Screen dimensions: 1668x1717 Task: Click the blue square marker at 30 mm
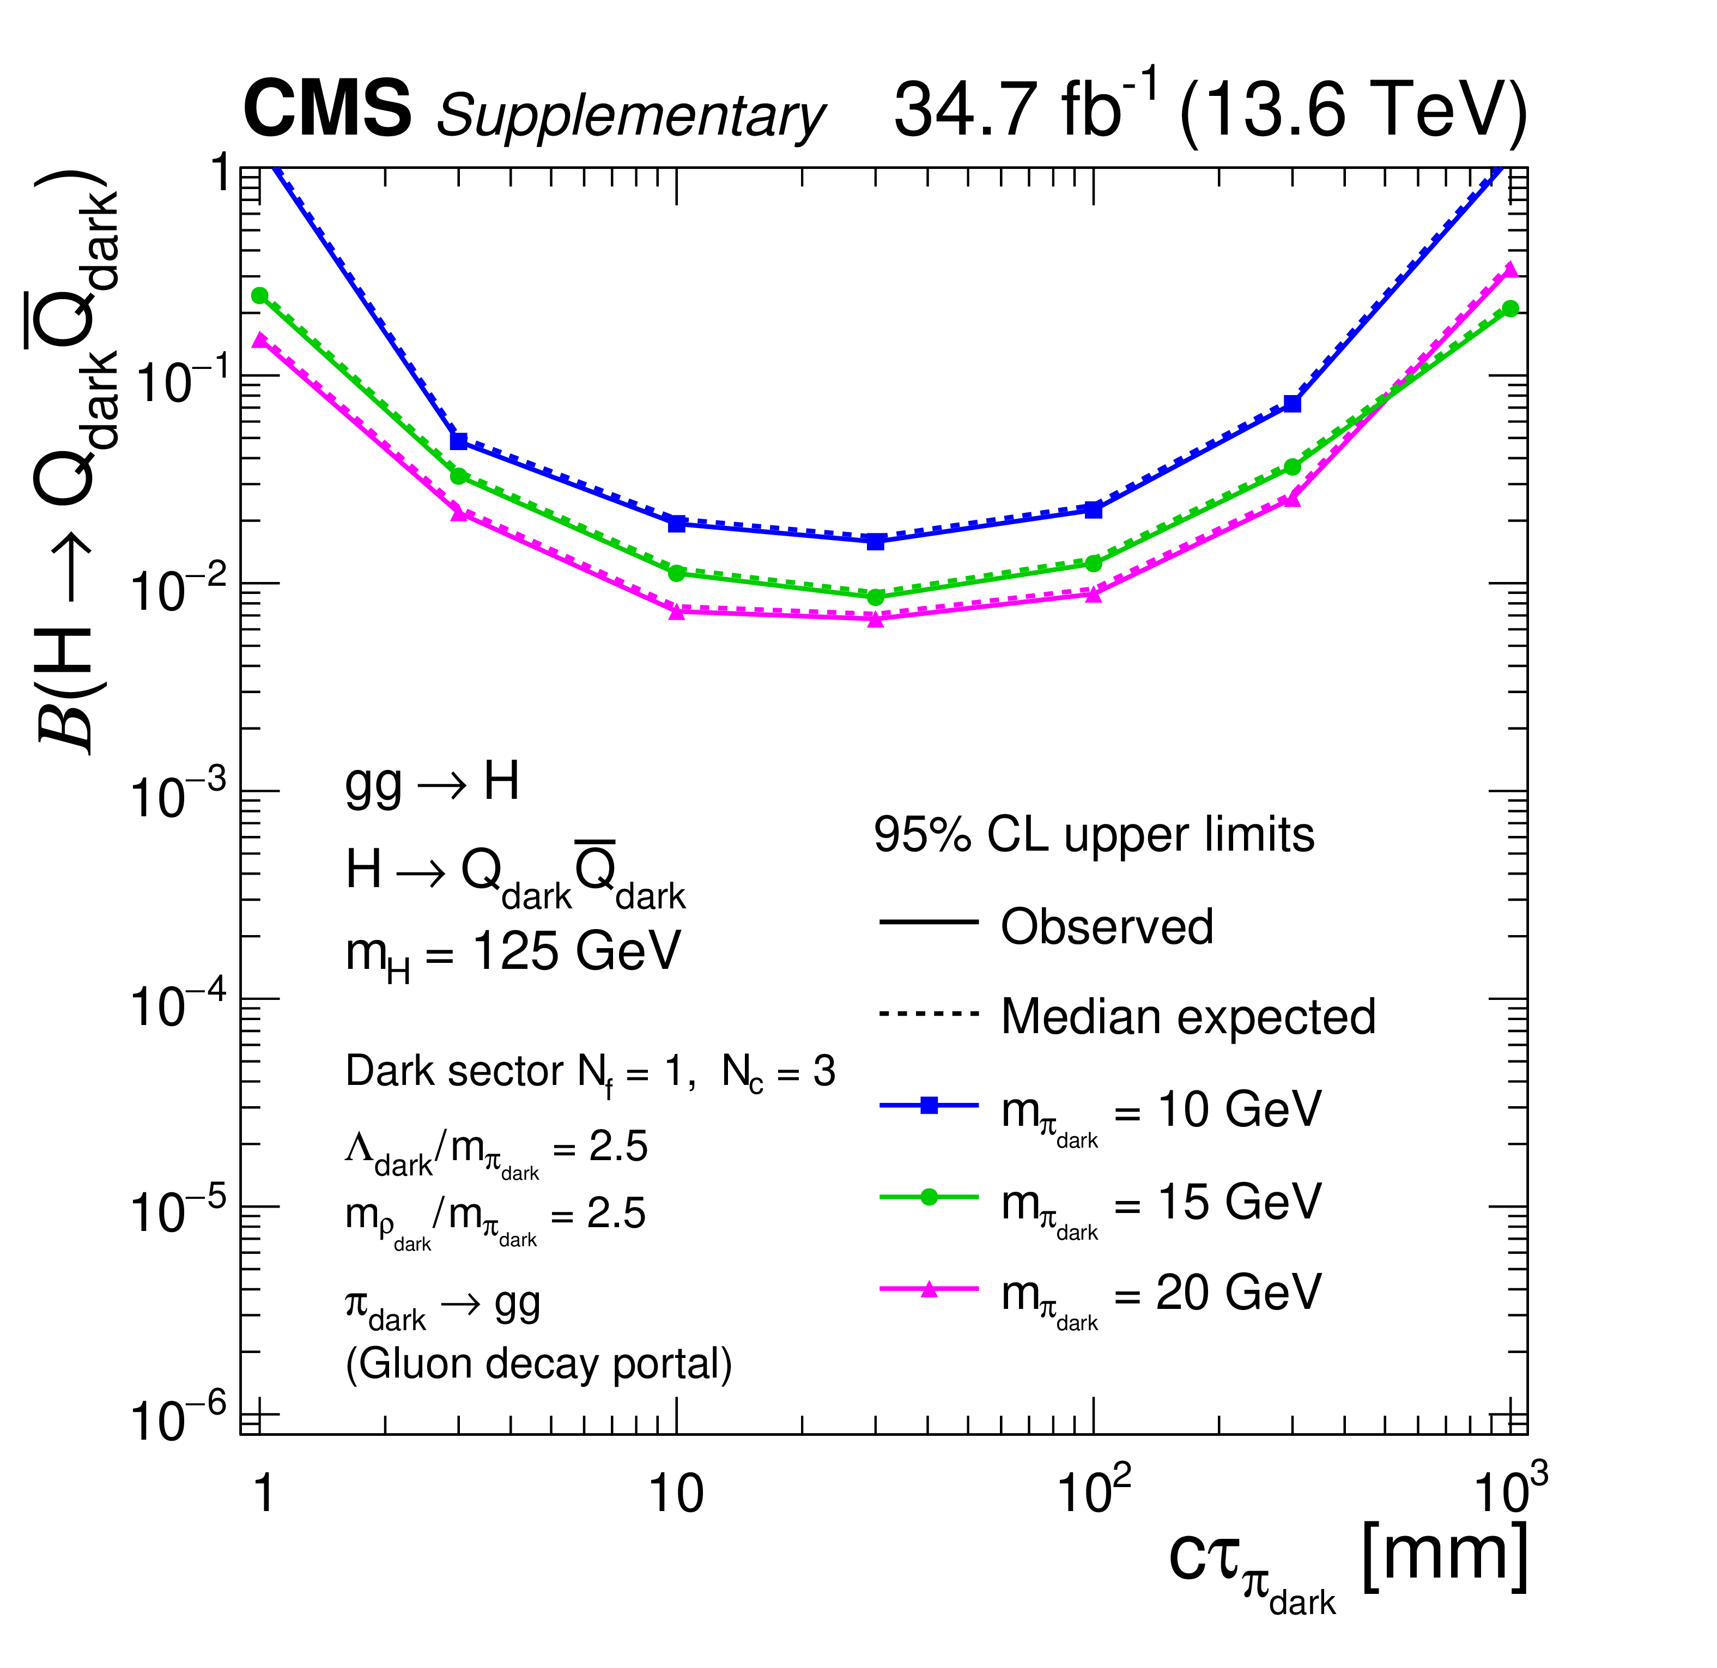(x=875, y=542)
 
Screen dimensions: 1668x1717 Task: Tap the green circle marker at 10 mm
(x=676, y=573)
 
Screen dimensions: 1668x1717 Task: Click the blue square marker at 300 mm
(x=1292, y=404)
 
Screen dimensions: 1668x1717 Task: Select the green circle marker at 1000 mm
(x=1510, y=308)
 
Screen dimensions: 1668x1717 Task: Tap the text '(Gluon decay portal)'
(x=539, y=1364)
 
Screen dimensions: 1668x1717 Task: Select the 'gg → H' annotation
(x=433, y=783)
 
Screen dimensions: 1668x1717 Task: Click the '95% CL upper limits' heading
(x=1094, y=835)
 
